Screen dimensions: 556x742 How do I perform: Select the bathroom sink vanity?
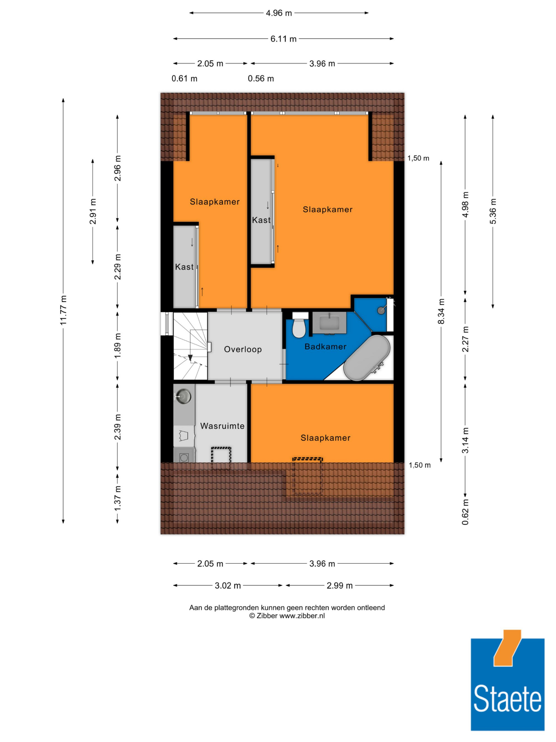(x=329, y=323)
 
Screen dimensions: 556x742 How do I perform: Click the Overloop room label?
(x=243, y=349)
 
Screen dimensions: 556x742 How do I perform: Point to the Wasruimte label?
(x=222, y=426)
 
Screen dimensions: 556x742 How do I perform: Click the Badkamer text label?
(x=326, y=346)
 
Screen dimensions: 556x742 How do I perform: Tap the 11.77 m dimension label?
(x=63, y=310)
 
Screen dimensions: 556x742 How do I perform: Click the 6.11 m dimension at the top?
(x=284, y=39)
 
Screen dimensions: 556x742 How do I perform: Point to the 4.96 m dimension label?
(x=279, y=13)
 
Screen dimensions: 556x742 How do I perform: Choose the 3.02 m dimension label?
(x=228, y=586)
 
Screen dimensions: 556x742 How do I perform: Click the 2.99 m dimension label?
(x=339, y=586)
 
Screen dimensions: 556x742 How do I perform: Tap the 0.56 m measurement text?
(x=261, y=78)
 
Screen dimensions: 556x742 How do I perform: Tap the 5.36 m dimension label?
(x=493, y=211)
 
